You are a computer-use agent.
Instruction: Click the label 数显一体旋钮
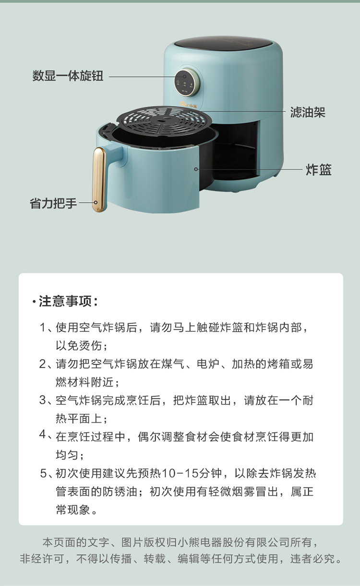(68, 76)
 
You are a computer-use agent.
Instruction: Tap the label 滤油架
(308, 112)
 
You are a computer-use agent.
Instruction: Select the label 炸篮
(319, 170)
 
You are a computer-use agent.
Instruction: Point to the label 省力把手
(53, 203)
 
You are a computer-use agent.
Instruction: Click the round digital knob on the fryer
(185, 82)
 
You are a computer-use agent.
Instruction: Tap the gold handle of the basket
(99, 179)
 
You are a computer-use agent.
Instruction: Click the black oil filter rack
(158, 120)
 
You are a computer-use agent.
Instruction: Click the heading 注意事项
(68, 302)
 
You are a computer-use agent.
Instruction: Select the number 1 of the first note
(43, 328)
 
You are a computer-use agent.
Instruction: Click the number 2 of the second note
(43, 364)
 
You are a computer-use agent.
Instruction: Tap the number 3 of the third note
(43, 400)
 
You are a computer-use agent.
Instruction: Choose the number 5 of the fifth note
(43, 474)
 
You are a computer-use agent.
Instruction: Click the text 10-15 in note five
(180, 474)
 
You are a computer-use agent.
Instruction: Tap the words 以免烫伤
(79, 346)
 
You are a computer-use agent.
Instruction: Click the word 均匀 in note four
(67, 454)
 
